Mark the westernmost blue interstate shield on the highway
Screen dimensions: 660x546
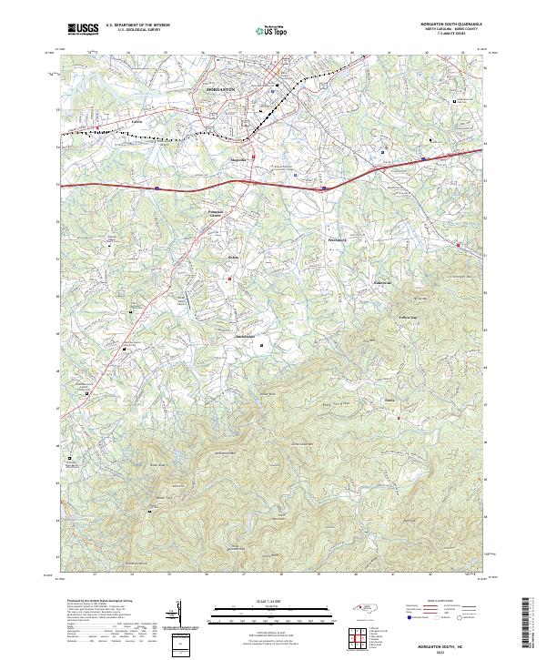pos(157,188)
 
